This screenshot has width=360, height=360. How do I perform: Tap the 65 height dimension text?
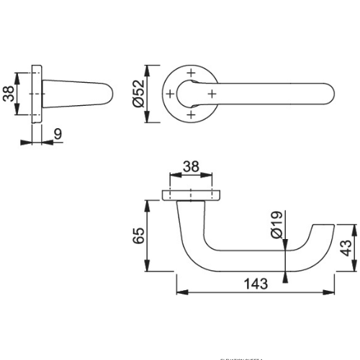139,235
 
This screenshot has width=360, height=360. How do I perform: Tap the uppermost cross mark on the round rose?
190,72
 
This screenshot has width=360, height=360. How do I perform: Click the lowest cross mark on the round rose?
190,115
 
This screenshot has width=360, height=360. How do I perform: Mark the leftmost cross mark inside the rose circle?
169,94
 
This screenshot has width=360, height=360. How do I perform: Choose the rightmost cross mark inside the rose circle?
212,94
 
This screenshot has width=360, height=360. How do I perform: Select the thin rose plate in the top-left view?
37,94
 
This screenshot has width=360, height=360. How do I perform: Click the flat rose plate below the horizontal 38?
190,194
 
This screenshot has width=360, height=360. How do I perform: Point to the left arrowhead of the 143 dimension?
180,293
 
